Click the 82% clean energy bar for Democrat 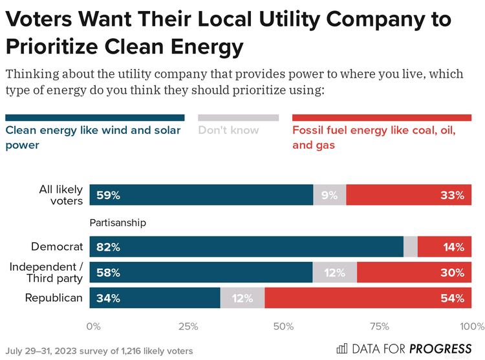click(x=246, y=246)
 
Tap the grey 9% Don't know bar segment click(x=329, y=195)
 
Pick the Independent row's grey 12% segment click(x=334, y=272)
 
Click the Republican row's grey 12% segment click(x=242, y=298)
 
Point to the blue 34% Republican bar click(x=155, y=298)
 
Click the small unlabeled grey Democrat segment click(x=410, y=246)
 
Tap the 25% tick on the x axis click(x=188, y=326)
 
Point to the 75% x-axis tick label click(x=379, y=326)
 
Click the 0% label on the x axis click(x=94, y=326)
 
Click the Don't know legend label click(x=228, y=131)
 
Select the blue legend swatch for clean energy click(x=95, y=118)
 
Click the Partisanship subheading click(x=118, y=223)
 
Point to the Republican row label click(x=54, y=298)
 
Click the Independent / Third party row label click(x=46, y=272)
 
